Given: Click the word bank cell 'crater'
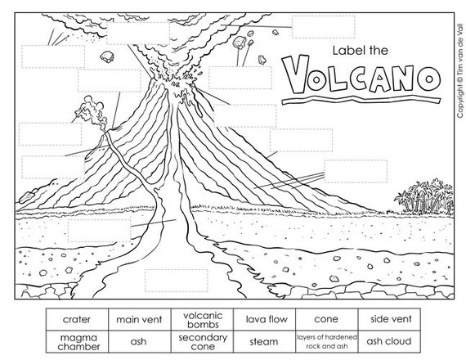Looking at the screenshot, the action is coord(78,319).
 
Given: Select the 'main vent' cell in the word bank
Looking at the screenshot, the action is coord(140,319).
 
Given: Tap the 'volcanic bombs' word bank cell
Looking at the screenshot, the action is coord(203,319).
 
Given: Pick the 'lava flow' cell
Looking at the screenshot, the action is coord(265,319).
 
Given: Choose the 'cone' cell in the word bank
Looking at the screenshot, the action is coord(327,319).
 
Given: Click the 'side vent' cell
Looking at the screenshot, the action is coord(389,319).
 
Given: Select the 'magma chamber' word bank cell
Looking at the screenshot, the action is coord(78,341).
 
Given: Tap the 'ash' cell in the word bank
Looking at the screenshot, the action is coord(140,341).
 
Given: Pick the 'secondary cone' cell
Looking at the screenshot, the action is coord(203,341).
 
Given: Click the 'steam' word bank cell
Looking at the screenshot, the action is coord(265,341).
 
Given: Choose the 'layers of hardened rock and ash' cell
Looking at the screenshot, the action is coord(327,341).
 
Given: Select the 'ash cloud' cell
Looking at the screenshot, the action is coord(389,341).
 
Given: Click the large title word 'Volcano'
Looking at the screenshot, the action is coord(362,74).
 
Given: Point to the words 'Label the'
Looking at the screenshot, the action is coord(361,50).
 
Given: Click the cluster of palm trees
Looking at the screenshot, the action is coord(424,197).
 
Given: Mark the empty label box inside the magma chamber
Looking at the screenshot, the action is coord(177,281).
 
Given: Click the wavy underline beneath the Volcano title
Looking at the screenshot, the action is coord(361,99).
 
